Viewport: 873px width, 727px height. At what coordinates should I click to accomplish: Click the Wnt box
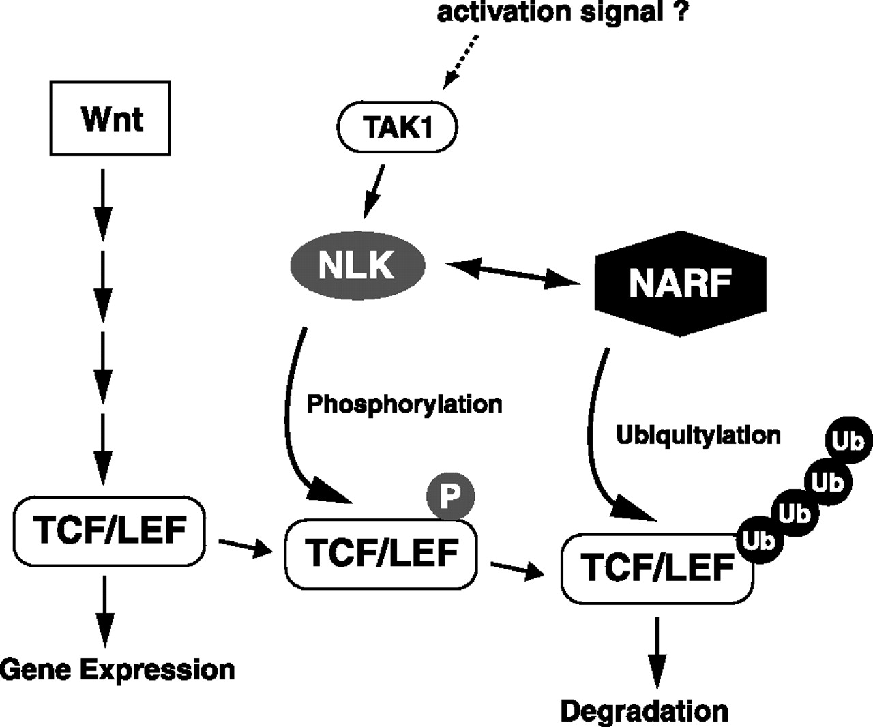coord(110,119)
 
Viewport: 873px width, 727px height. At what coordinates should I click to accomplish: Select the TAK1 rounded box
coord(398,128)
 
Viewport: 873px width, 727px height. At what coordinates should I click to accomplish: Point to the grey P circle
coord(450,496)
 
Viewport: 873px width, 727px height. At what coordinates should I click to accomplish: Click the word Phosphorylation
coord(404,404)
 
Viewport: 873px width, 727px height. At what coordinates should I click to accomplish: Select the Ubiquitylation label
coord(698,434)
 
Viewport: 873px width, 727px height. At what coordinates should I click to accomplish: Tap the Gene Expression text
coord(117,670)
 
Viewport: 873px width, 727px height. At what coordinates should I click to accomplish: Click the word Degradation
coord(644,711)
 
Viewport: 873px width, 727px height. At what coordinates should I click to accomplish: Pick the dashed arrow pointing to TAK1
coord(462,61)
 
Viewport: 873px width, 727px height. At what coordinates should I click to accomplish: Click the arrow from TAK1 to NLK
coord(374,191)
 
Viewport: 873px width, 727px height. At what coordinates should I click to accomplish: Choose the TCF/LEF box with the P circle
coord(381,553)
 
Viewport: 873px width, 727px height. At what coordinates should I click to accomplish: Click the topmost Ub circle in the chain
coord(848,441)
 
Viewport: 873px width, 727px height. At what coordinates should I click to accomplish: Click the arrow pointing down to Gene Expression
coord(104,609)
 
